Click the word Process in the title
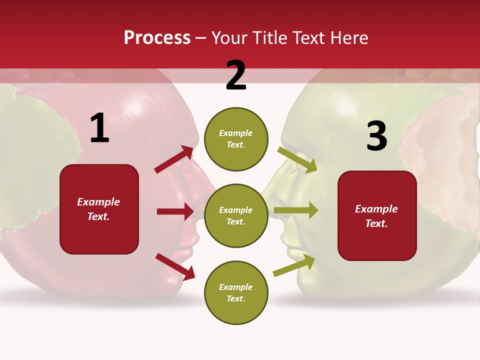157,38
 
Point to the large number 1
99,128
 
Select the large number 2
236,76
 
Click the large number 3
376,136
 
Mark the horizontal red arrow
175,211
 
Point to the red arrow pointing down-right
175,266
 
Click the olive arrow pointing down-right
297,159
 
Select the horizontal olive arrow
295,210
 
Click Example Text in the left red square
98,209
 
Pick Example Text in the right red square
376,216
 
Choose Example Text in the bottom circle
236,293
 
